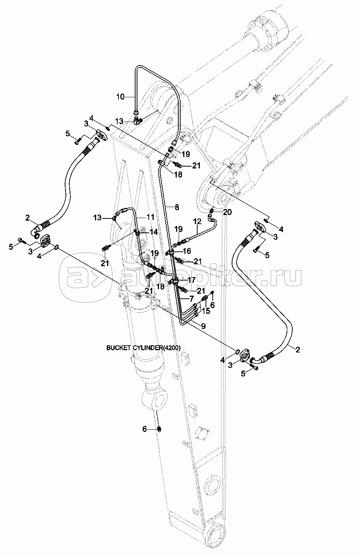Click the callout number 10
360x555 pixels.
point(120,97)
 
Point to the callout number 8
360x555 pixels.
point(177,207)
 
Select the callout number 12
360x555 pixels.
point(198,221)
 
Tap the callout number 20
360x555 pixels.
point(227,212)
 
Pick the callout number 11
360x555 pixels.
point(150,217)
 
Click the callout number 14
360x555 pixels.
point(154,232)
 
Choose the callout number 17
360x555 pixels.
point(192,280)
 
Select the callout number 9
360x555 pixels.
point(203,326)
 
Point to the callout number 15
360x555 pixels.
point(206,311)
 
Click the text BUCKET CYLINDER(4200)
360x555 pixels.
point(143,348)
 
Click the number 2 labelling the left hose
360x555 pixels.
point(28,218)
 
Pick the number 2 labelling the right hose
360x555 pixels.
point(298,349)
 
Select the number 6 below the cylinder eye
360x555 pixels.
point(145,429)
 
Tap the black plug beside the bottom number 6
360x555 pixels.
point(160,429)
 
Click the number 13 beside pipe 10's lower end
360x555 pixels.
point(119,122)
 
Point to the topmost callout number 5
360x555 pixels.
point(68,134)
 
